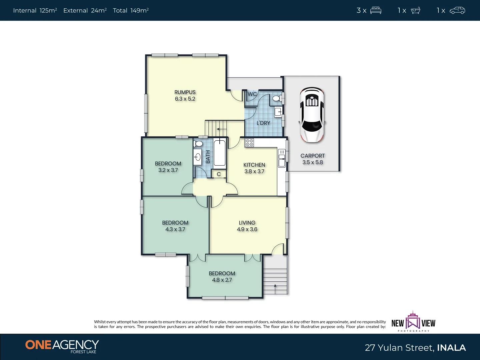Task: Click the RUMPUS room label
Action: click(185, 92)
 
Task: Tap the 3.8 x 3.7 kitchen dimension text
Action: click(254, 171)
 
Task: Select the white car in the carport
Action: click(312, 115)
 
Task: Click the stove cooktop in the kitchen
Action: click(249, 143)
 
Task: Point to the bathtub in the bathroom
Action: click(220, 153)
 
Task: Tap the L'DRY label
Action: click(263, 123)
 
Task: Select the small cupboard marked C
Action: click(219, 174)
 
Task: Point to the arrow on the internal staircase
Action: click(221, 129)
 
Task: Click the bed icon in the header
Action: click(376, 10)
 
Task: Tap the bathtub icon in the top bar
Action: click(415, 10)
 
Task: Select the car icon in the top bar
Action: click(457, 10)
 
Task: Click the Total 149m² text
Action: click(131, 10)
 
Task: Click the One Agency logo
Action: click(62, 346)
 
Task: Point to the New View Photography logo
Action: click(413, 322)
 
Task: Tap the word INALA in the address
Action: click(451, 348)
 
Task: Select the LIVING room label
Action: click(247, 223)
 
